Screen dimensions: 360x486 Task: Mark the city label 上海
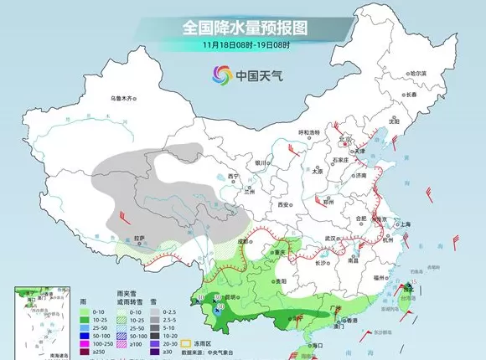tap(406, 224)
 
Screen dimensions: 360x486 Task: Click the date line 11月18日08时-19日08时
tap(242, 44)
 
